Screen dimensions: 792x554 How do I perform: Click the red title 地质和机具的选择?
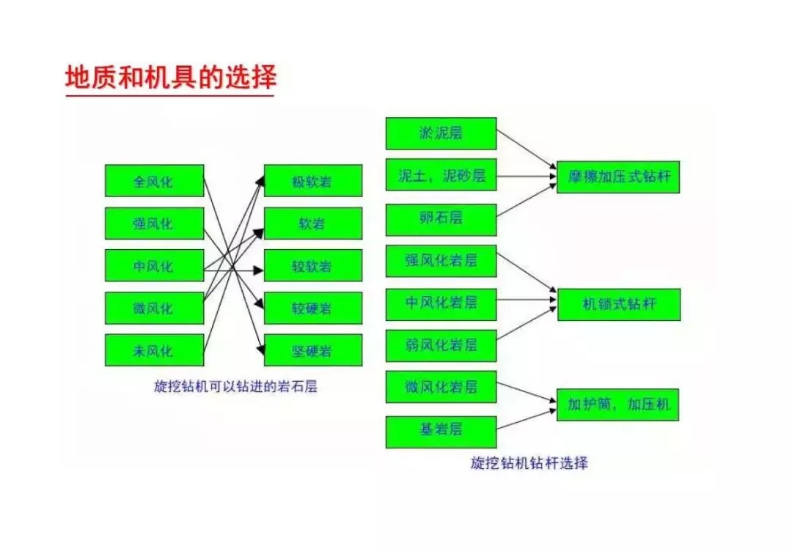click(171, 77)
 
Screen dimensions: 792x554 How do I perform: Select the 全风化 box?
click(155, 180)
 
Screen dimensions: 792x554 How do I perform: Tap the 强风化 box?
click(155, 223)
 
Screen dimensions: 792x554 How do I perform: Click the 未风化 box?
click(155, 350)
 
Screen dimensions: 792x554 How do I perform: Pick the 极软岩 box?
click(313, 180)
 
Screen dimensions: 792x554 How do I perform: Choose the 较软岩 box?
click(313, 265)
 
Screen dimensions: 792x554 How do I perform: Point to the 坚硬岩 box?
click(313, 350)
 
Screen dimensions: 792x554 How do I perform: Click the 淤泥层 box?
click(441, 133)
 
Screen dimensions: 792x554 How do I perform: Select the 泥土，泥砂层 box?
click(441, 174)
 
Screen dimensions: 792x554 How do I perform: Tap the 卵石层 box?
click(441, 220)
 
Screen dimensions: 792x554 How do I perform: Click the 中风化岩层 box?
click(441, 304)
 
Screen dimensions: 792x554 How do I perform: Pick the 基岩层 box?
click(441, 432)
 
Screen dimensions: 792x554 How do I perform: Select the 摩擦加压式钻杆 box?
click(618, 177)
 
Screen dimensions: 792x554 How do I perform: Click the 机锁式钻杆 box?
click(619, 305)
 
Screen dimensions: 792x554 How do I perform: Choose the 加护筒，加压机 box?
click(617, 405)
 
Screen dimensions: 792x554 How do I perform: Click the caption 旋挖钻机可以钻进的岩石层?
click(236, 386)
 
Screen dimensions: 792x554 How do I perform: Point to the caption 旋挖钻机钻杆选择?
click(529, 462)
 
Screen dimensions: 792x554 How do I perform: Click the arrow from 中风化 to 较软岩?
click(234, 271)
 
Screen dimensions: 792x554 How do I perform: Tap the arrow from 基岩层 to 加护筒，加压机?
click(527, 419)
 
